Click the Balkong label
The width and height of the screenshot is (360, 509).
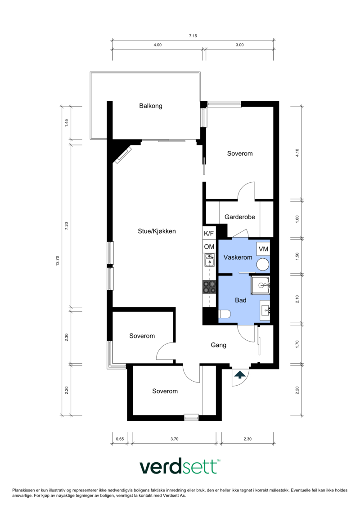pos(151,106)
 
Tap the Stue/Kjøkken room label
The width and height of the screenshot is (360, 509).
pos(157,231)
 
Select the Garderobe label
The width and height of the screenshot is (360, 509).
pos(240,217)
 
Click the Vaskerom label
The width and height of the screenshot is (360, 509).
pos(238,257)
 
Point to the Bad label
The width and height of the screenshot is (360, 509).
pos(241,300)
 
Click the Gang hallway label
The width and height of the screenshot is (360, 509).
pos(218,345)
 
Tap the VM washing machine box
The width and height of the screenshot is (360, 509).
pos(263,249)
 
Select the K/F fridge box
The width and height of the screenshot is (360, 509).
pos(209,233)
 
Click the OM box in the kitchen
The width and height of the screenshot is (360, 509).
pos(209,247)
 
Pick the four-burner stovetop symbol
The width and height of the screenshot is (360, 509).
pos(209,287)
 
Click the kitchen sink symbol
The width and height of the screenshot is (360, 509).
pos(209,260)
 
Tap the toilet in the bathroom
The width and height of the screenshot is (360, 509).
pos(225,314)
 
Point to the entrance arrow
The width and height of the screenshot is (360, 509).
pos(240,374)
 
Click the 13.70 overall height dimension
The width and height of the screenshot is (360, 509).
pos(58,261)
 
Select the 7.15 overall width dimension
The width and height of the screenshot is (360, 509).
pos(193,36)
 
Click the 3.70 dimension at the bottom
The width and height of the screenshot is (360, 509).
pos(174,439)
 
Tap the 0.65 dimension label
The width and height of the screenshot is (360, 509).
pos(120,439)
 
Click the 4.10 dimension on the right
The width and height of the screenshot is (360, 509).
pos(297,153)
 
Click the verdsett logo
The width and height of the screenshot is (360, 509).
pos(180,467)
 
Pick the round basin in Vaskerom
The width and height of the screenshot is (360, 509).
pos(263,265)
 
